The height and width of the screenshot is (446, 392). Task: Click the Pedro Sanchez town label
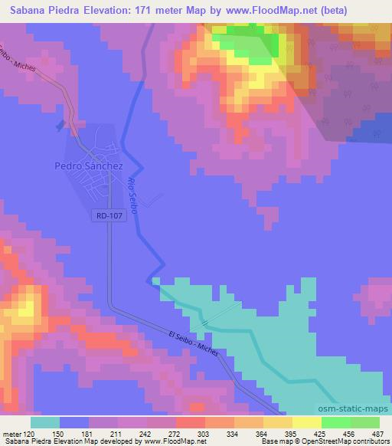click(x=89, y=165)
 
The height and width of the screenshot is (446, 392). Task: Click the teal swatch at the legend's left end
click(x=45, y=423)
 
